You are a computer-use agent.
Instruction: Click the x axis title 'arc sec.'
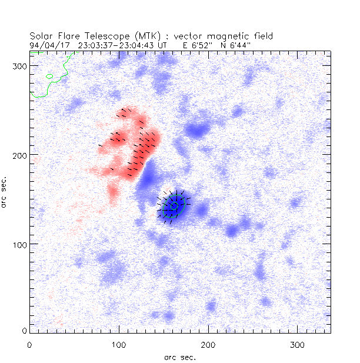coord(179,357)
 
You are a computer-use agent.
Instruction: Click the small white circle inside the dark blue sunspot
coord(174,206)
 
